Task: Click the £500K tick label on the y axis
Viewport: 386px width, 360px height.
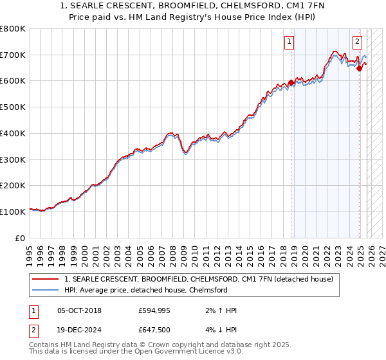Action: tap(13, 107)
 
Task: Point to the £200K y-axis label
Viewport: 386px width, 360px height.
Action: tap(13, 185)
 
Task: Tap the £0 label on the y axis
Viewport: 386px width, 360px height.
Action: tap(21, 238)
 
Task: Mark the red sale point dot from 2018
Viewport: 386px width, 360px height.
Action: tap(291, 82)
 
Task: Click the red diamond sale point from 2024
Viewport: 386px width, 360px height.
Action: tap(360, 69)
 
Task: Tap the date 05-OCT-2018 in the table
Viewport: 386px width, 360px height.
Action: tap(79, 311)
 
